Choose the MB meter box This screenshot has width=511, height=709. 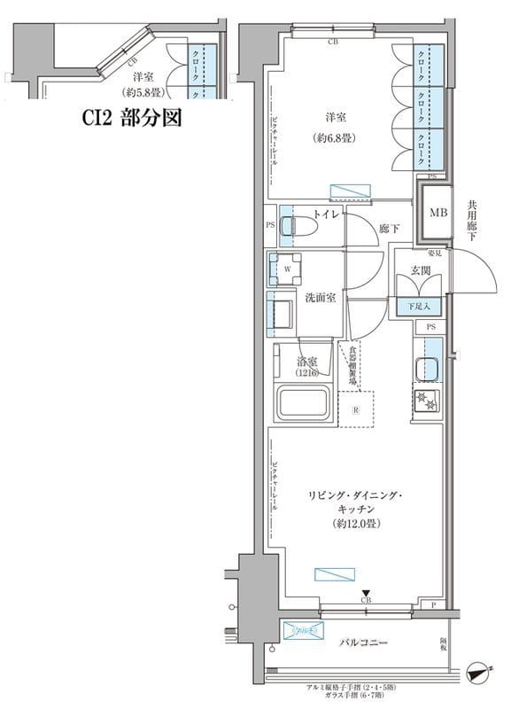point(437,214)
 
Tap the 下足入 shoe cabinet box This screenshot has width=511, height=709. point(420,307)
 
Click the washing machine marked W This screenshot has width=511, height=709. point(287,268)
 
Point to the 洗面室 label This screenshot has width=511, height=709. point(320,299)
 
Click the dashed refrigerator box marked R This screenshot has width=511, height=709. point(355,409)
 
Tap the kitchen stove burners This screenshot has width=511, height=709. point(426,401)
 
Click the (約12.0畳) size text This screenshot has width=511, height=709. point(357,525)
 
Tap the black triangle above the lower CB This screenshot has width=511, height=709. point(364,592)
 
